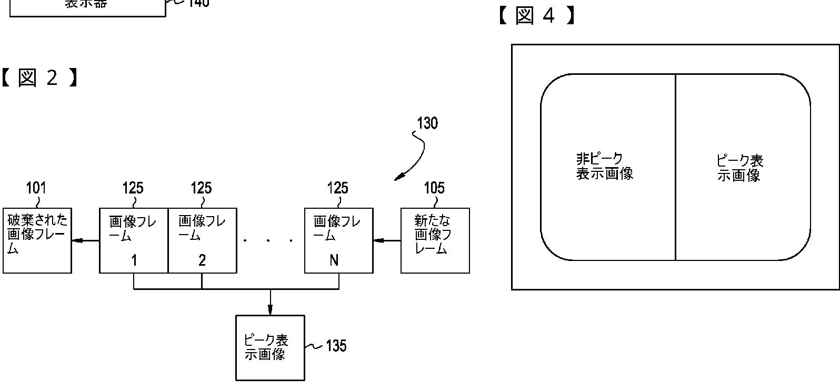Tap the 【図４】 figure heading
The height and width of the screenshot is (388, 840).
[x=536, y=15]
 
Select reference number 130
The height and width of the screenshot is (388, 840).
[x=427, y=123]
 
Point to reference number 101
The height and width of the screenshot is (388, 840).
[x=36, y=188]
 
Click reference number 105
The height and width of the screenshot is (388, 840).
[x=434, y=188]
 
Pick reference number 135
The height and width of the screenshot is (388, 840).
[x=336, y=346]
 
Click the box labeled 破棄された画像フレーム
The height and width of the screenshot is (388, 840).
[x=37, y=240]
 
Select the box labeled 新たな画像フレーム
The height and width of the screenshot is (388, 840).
[x=435, y=240]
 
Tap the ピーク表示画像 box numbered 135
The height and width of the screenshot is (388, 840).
[x=270, y=347]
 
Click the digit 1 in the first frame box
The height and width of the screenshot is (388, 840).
[x=134, y=260]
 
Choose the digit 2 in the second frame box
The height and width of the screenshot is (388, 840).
[x=202, y=260]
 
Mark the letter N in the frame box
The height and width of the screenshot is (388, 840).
[x=334, y=260]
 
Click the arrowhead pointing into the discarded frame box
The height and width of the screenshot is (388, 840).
[x=76, y=241]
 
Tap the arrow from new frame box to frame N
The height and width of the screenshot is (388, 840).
[x=386, y=241]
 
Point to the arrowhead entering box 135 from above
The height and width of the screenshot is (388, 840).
[x=270, y=309]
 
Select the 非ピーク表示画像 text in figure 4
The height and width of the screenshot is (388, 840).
[x=604, y=166]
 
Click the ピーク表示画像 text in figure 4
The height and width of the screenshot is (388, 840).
[x=739, y=168]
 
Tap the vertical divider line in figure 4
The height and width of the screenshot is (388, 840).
[x=675, y=167]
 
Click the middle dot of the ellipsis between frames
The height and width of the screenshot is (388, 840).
[x=268, y=241]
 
